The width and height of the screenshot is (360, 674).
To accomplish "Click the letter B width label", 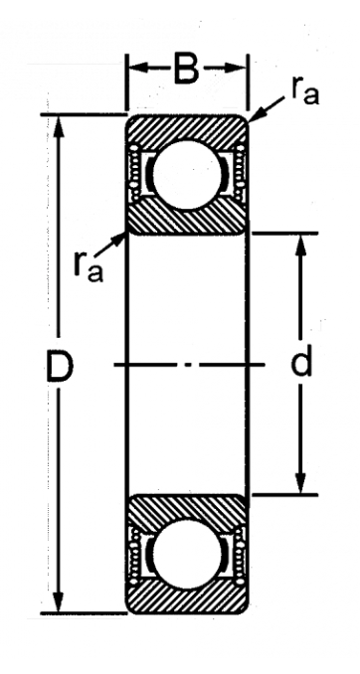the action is pos(186,69).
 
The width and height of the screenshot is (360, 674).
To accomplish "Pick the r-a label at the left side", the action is pos(88,267).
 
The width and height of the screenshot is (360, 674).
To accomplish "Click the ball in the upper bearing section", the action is pos(187,175).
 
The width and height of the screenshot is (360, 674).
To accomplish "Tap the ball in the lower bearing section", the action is pos(187,554).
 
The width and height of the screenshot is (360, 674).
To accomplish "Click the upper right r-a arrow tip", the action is pos(249,121).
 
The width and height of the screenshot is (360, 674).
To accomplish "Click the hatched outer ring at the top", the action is pos(187,127).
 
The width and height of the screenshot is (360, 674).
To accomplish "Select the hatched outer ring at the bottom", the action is pos(187,600).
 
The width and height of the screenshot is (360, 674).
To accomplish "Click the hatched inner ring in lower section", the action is pos(187,508).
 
